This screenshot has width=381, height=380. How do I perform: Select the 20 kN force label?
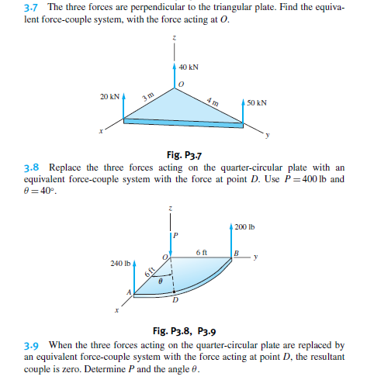tap(109, 98)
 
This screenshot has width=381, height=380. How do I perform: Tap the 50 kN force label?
tap(257, 102)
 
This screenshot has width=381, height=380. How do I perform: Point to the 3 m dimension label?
tap(147, 96)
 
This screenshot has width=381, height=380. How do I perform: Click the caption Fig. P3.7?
tap(179, 154)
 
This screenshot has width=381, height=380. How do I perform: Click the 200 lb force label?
tap(244, 227)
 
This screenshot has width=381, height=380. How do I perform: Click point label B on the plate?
tap(236, 254)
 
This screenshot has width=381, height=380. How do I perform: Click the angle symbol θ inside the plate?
tap(161, 285)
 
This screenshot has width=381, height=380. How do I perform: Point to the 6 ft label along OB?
tap(201, 252)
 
